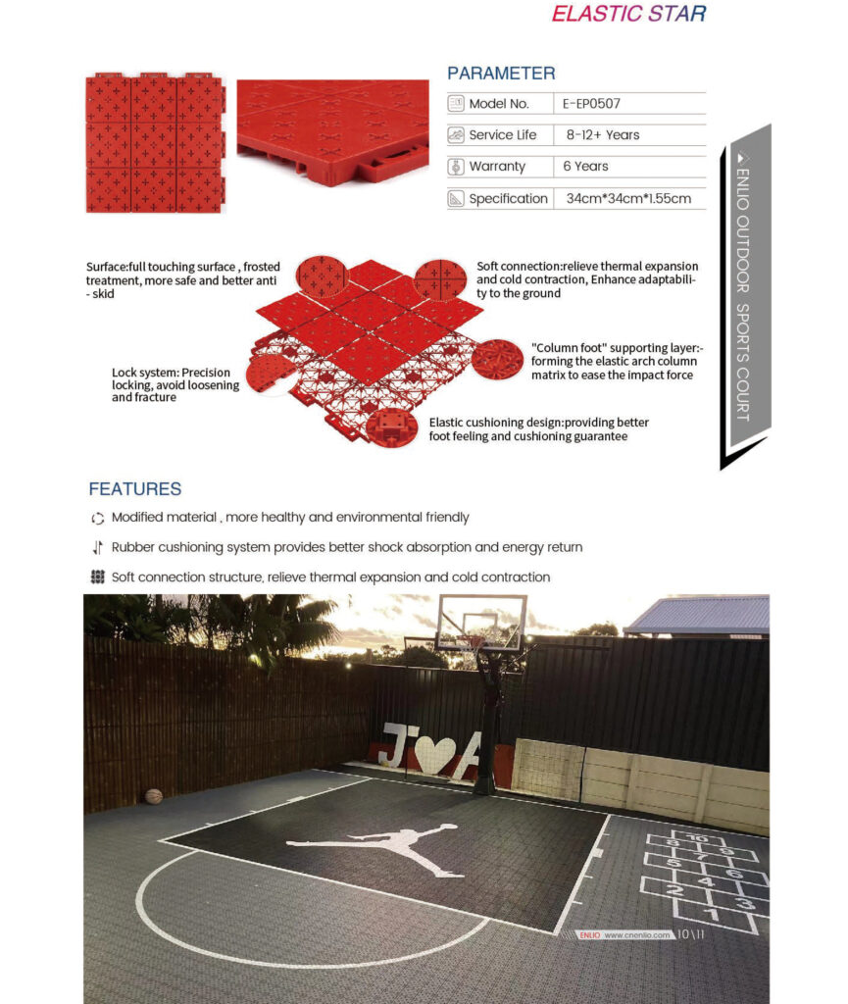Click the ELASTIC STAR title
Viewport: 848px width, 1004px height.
pos(628,14)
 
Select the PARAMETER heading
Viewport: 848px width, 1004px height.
pos(501,74)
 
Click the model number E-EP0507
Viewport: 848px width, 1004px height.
pos(591,103)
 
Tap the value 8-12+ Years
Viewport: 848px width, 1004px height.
pos(601,134)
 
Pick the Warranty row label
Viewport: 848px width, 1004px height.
pos(497,167)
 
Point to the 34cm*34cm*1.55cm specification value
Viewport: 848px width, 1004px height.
pos(628,198)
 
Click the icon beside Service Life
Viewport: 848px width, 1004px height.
pos(456,134)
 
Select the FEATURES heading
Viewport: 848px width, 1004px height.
pos(135,488)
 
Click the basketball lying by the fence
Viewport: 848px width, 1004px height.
pos(153,796)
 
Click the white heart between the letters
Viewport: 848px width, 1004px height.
pos(433,753)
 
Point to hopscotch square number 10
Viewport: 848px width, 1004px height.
pos(696,838)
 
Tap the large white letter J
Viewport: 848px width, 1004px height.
pos(394,745)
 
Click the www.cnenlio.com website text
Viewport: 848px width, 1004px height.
pos(637,934)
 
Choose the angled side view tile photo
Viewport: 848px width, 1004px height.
pos(332,131)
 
